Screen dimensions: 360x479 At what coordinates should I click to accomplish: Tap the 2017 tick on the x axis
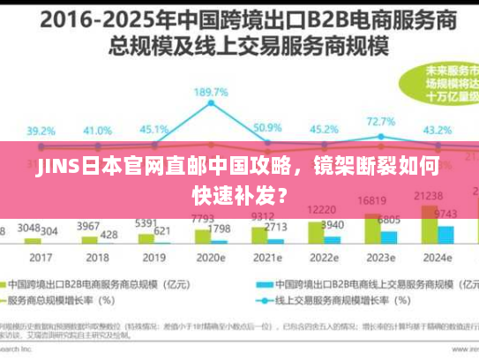tap(41, 258)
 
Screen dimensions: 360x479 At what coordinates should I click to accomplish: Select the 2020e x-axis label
tap(211, 258)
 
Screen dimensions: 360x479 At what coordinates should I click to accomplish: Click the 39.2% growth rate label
tap(40, 131)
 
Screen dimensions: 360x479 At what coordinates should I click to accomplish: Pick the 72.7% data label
tap(380, 121)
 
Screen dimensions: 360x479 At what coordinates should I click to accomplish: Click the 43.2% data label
tap(438, 130)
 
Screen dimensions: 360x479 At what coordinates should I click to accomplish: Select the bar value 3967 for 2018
tap(88, 227)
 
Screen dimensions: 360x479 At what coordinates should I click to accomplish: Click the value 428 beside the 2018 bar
tap(109, 234)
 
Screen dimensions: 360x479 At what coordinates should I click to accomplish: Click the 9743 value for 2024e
tap(446, 214)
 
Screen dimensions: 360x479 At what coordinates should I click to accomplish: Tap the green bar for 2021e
tap(261, 232)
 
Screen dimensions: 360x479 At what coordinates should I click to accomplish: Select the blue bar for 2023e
tap(389, 236)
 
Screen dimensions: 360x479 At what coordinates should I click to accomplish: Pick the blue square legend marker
tap(262, 285)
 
